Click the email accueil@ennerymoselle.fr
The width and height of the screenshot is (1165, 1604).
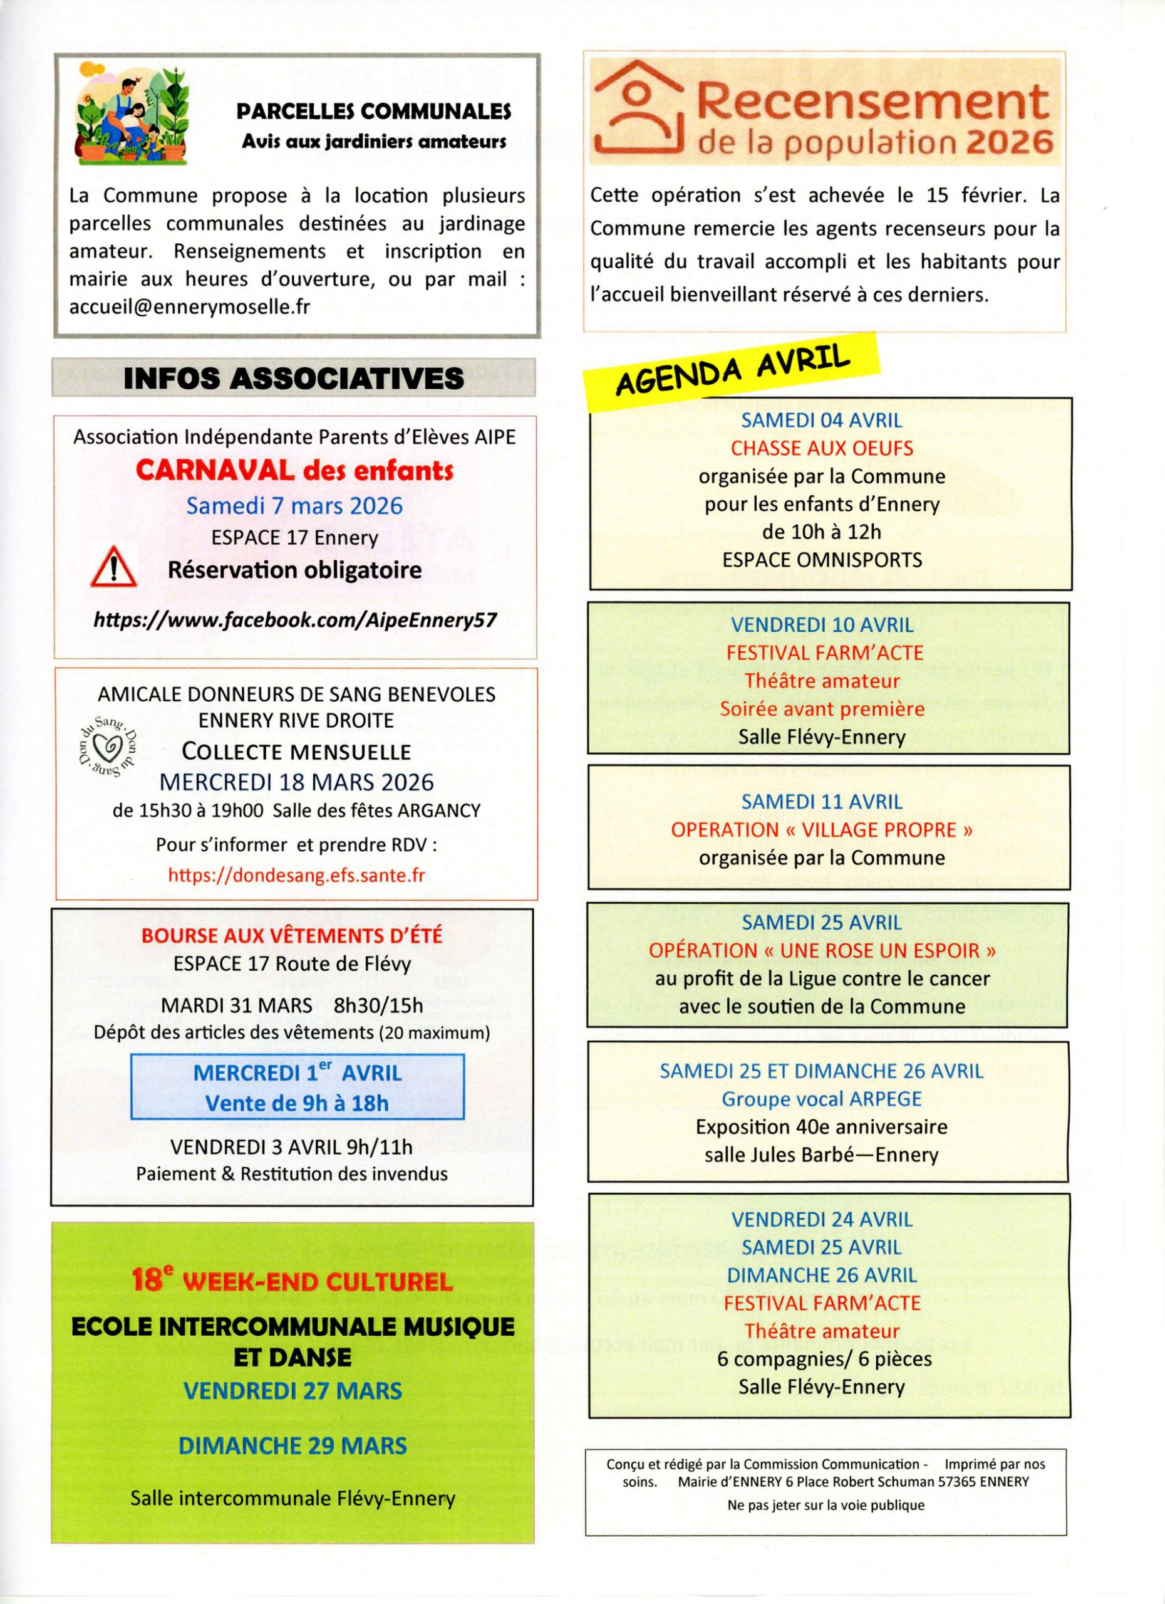pos(189,307)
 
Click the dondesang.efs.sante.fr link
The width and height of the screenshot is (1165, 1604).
pos(296,876)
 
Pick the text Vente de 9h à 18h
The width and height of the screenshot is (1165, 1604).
pos(297,1103)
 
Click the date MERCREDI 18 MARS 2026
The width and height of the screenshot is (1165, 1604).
pos(296,782)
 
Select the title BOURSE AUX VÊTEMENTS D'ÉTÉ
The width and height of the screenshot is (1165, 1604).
pos(291,936)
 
